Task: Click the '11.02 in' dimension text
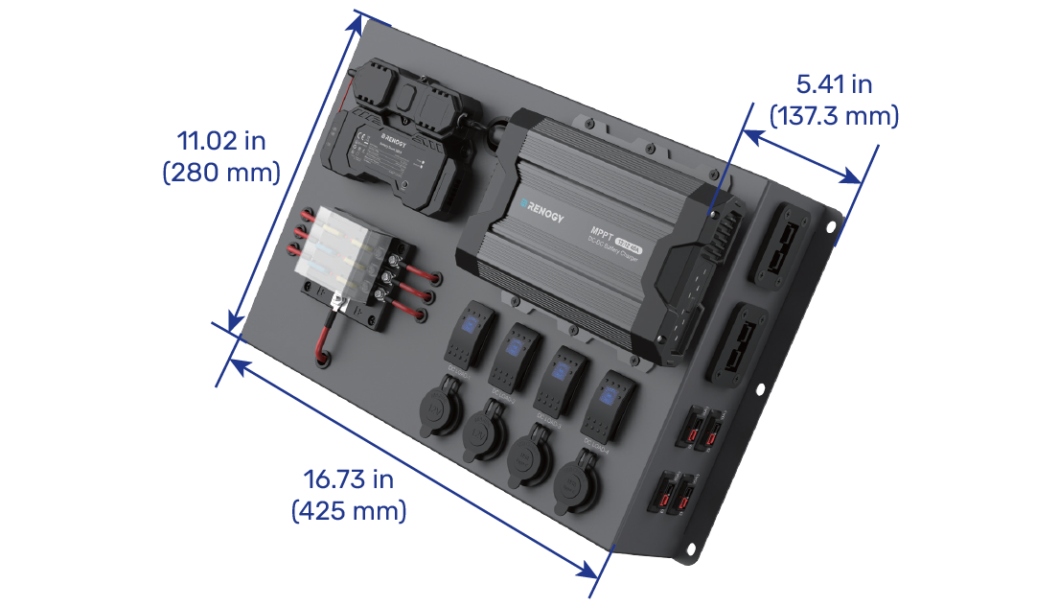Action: point(221,141)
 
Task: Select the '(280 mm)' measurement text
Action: point(221,173)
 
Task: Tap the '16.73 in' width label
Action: point(349,479)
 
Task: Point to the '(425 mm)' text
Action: point(349,511)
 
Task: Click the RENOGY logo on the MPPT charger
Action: point(542,210)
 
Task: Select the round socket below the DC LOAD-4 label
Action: point(578,475)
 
